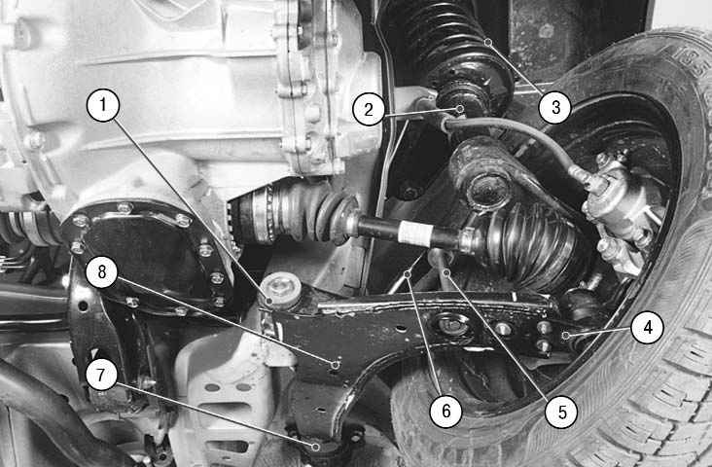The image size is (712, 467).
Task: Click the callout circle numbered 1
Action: coord(103,105)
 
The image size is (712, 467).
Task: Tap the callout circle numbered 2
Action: coord(369,110)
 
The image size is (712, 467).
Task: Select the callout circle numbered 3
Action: coord(555,108)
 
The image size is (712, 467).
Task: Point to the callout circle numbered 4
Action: coord(648,327)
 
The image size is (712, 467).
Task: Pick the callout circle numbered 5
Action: coord(561,412)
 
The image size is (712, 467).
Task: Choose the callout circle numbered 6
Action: coord(445,412)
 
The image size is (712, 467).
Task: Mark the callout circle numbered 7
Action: coord(101,375)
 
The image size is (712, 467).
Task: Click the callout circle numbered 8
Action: coord(102,271)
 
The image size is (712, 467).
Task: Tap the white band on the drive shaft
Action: coord(415,233)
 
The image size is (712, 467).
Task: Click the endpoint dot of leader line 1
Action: coord(269,301)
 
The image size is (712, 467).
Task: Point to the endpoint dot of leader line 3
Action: coord(488,42)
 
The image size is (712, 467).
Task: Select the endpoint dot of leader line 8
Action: coord(336,364)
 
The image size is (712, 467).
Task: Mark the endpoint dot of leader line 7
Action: coord(315,447)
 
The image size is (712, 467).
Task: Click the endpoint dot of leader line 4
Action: coord(566,336)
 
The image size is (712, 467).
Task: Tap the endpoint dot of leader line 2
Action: coord(460,109)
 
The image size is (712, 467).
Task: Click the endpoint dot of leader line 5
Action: coord(446,272)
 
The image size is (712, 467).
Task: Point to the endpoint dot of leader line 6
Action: coord(408,274)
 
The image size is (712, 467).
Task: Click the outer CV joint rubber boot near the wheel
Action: coord(527,245)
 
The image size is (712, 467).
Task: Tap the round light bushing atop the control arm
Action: coord(282,291)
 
